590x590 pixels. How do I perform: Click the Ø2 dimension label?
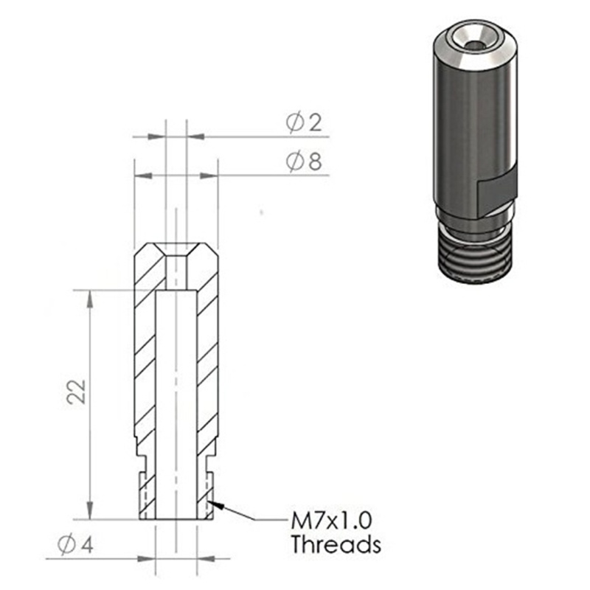click(305, 123)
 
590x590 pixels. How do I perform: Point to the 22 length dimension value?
click(76, 392)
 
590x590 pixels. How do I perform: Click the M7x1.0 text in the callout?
click(329, 521)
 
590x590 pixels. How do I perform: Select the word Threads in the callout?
click(336, 546)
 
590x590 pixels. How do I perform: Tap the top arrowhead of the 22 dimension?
click(89, 296)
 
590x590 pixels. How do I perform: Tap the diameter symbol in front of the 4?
click(66, 546)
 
